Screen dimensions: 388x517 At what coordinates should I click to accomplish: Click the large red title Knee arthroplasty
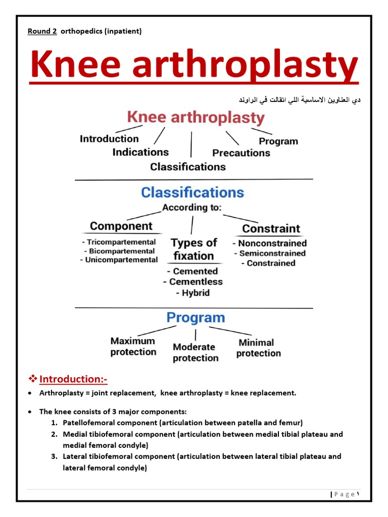(x=193, y=65)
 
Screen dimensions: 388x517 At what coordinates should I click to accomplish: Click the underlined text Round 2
(x=42, y=31)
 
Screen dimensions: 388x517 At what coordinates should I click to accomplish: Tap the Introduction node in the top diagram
(x=109, y=139)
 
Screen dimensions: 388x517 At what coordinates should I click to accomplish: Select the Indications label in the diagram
(x=140, y=152)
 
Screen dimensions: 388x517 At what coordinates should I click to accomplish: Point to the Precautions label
(x=241, y=153)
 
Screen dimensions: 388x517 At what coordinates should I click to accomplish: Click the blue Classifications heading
(x=192, y=192)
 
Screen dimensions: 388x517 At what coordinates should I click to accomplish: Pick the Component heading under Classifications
(x=121, y=226)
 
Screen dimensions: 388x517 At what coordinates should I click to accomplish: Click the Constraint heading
(x=271, y=229)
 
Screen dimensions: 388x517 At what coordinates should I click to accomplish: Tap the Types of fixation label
(x=193, y=249)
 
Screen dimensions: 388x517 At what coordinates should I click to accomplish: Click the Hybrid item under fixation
(x=192, y=293)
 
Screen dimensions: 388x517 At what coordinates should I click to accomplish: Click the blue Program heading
(x=196, y=318)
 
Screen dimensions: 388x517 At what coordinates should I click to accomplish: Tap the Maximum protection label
(x=133, y=346)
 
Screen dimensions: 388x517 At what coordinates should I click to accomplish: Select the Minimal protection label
(x=258, y=348)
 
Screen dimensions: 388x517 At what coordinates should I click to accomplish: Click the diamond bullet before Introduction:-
(x=33, y=379)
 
